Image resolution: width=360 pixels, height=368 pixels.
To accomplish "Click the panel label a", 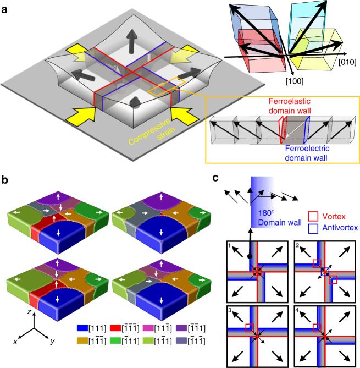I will click(x=5, y=6).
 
